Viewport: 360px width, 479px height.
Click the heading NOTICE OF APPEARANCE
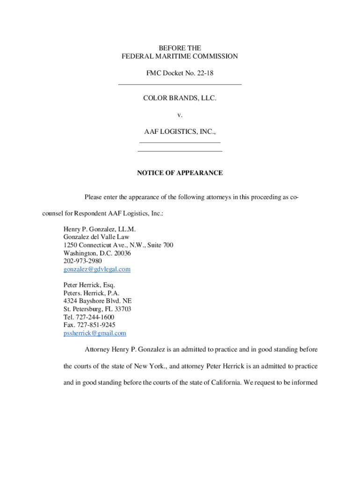point(180,173)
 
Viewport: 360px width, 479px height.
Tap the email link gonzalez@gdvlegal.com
point(97,269)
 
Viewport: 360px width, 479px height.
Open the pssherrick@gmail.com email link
point(94,334)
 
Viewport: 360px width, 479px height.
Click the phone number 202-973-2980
point(82,261)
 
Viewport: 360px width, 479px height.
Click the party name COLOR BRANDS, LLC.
point(180,99)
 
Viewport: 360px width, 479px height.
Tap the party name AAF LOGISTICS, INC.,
point(180,133)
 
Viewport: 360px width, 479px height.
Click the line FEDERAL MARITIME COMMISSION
point(180,57)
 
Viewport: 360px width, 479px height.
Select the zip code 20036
point(121,253)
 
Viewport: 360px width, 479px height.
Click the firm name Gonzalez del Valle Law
point(96,237)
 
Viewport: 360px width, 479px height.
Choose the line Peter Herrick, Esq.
point(89,285)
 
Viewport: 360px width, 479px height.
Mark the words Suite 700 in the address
point(159,245)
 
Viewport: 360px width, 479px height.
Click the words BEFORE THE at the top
point(180,48)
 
